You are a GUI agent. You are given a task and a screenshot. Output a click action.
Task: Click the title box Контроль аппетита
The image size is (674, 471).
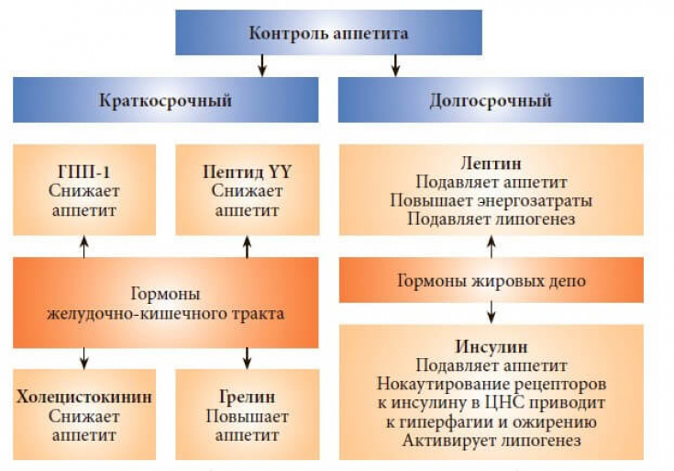tap(328, 34)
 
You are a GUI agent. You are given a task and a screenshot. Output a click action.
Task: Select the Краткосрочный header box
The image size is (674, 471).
tap(165, 100)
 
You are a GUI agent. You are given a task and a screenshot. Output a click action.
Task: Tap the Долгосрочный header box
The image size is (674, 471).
tap(491, 100)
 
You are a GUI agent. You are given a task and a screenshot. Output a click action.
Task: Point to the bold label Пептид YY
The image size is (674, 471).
tap(247, 171)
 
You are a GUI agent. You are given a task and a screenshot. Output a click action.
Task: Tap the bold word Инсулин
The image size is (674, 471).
tap(492, 348)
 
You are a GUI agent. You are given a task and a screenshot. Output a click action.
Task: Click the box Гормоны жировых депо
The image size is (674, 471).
tap(492, 281)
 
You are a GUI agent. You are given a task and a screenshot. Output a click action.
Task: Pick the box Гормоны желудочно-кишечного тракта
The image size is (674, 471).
tap(165, 303)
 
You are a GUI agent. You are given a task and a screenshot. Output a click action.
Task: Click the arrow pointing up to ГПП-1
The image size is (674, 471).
tap(83, 245)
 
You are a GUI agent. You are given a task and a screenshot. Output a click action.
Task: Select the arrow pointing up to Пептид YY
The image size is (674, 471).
tap(247, 245)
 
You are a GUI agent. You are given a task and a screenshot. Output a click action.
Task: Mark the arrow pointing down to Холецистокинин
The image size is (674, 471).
tap(83, 357)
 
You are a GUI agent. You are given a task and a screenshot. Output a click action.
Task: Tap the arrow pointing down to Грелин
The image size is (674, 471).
tap(247, 357)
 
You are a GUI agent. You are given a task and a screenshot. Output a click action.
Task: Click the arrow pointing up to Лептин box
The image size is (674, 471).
tap(492, 245)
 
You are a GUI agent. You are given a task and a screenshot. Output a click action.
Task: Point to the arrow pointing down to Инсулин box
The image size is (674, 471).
tap(492, 313)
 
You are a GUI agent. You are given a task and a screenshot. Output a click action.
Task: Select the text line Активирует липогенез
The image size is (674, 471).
tap(492, 442)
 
